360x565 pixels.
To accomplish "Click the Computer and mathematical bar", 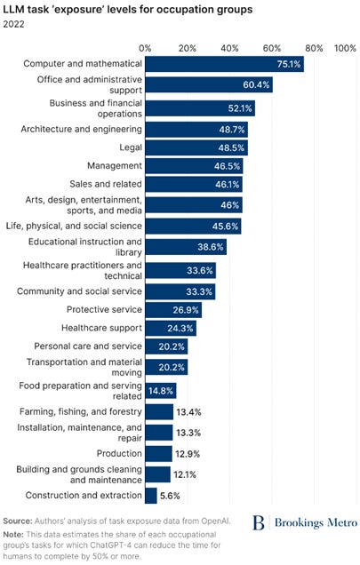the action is tap(224, 64).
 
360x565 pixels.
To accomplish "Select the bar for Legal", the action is tap(196, 147).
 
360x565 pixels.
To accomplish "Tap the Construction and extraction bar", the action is tap(151, 496).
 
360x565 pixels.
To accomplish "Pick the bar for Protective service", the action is tap(173, 310).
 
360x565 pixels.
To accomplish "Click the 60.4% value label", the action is tap(256, 84).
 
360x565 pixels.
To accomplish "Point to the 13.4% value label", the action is tap(188, 412).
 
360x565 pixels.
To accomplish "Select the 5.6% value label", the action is tap(170, 496).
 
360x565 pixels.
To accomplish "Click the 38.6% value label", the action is tap(211, 247).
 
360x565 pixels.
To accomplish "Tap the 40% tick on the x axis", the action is tap(230, 48).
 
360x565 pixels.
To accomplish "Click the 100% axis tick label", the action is tap(345, 48).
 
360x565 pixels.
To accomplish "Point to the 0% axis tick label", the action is tap(145, 48).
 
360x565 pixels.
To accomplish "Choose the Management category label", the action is tap(115, 166).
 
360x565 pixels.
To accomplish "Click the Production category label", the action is tap(119, 453).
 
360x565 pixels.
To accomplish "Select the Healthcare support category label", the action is tap(101, 328).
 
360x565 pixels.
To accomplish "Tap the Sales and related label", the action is tap(106, 184).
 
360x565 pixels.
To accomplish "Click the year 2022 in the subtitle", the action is tap(13, 24).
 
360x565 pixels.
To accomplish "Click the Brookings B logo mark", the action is tap(259, 522).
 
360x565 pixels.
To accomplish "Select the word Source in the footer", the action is tap(18, 521).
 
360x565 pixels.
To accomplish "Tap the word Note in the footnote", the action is tap(13, 535).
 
